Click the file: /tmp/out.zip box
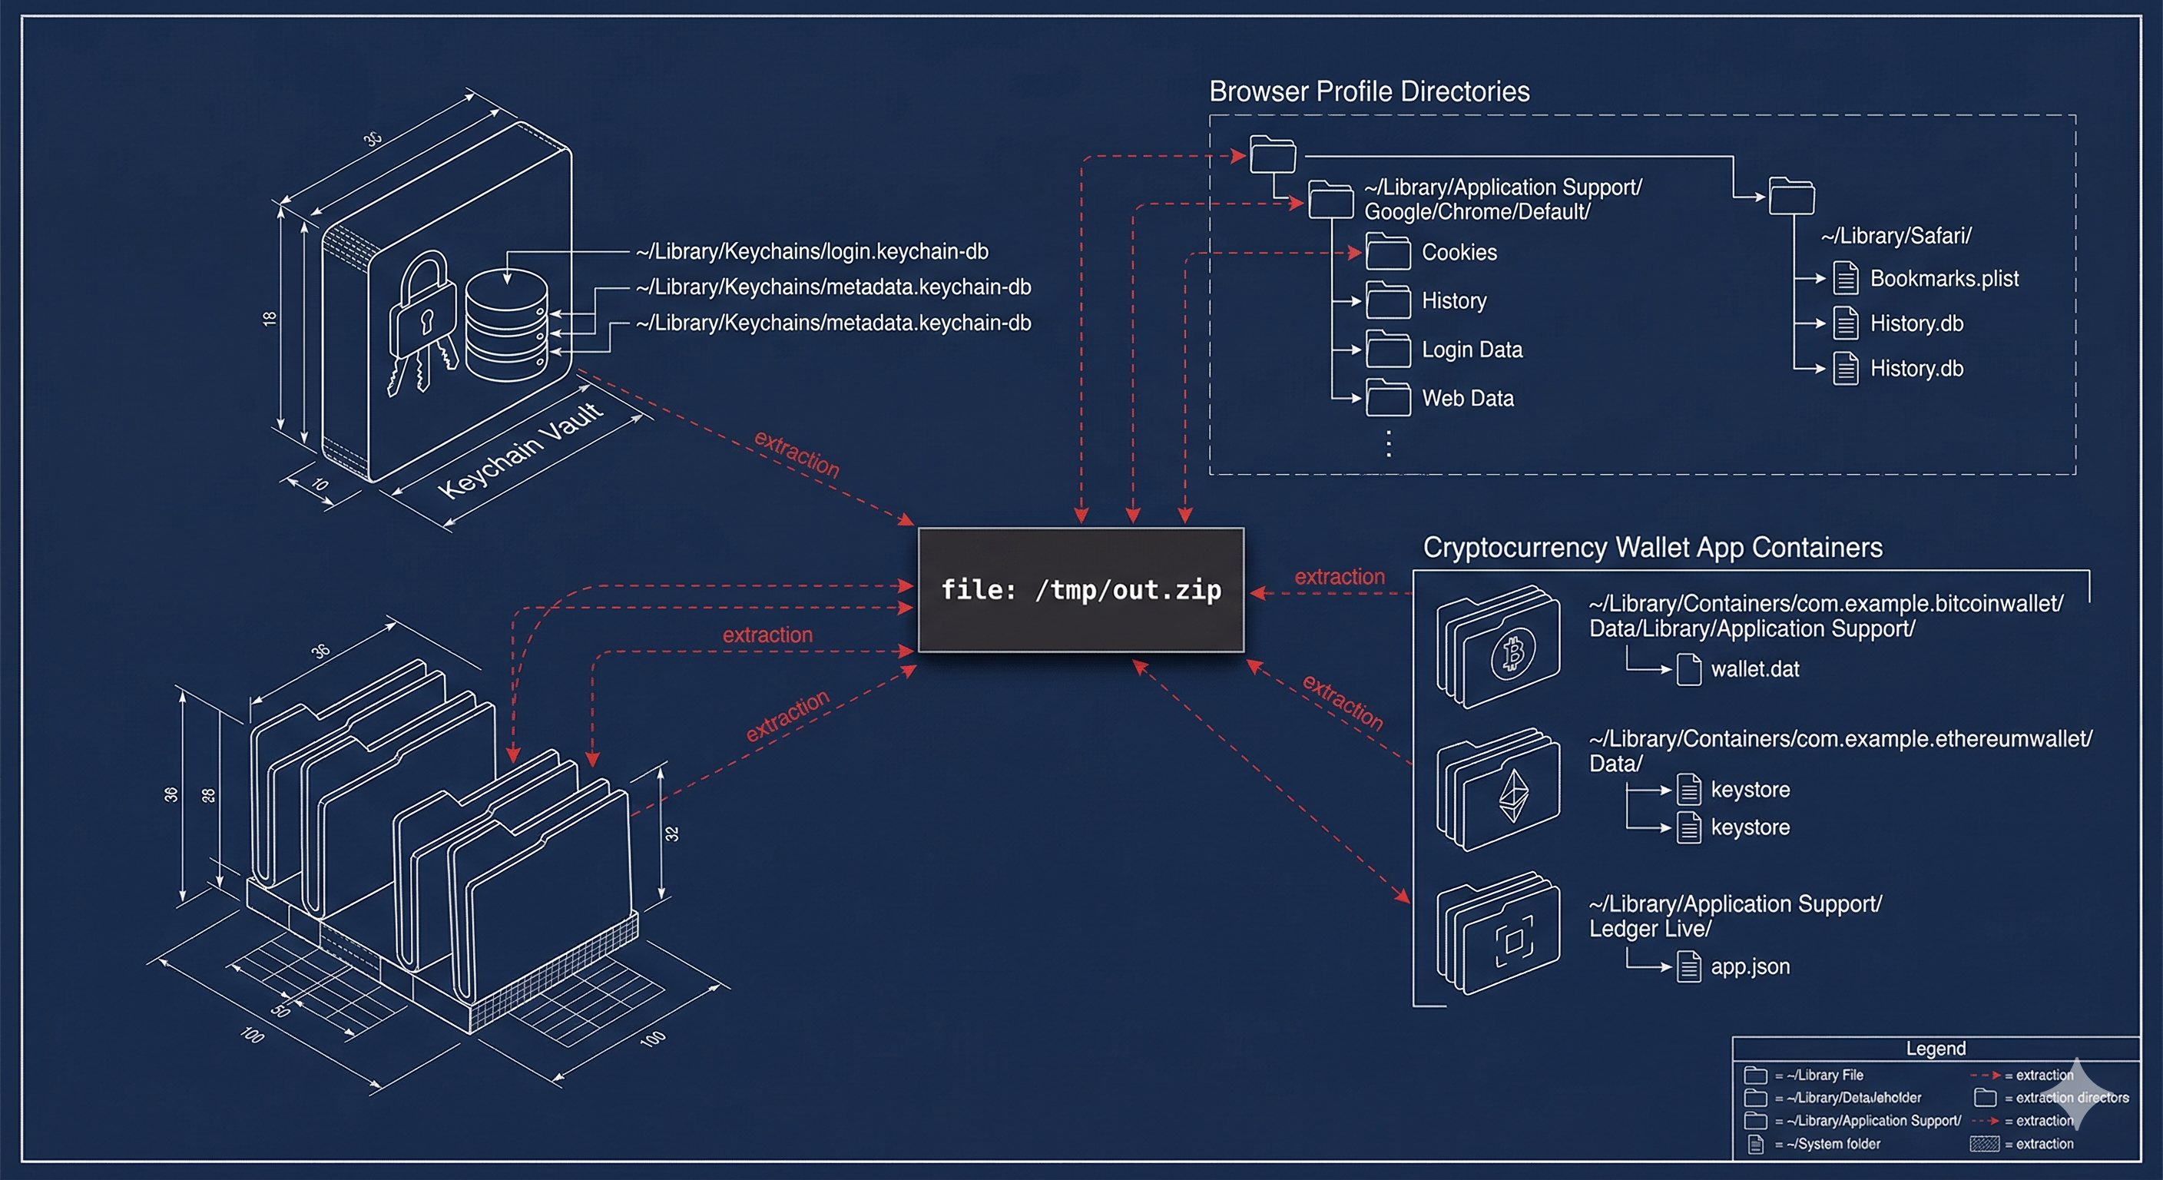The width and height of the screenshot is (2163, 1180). click(x=1081, y=589)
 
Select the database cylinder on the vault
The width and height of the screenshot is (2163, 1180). click(x=506, y=323)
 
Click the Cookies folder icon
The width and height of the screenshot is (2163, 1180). click(x=1388, y=252)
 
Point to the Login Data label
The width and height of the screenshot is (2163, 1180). click(x=1472, y=350)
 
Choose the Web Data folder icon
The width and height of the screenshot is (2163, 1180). click(x=1388, y=398)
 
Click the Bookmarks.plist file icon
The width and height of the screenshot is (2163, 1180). click(x=1845, y=278)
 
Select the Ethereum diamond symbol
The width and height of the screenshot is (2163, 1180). click(x=1514, y=796)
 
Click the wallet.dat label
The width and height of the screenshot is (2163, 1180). click(x=1755, y=669)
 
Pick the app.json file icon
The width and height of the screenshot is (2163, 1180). click(x=1688, y=966)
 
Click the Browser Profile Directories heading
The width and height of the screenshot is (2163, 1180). click(x=1369, y=91)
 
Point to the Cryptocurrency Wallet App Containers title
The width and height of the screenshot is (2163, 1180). click(x=1651, y=548)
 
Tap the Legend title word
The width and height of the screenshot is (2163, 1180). click(x=1936, y=1048)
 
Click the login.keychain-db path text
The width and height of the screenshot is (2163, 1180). click(x=812, y=251)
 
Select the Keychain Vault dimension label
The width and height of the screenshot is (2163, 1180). click(x=521, y=450)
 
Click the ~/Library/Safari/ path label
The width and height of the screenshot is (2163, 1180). click(x=1895, y=236)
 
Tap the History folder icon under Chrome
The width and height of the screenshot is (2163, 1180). click(x=1388, y=300)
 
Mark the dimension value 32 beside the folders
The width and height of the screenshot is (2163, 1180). click(x=672, y=833)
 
